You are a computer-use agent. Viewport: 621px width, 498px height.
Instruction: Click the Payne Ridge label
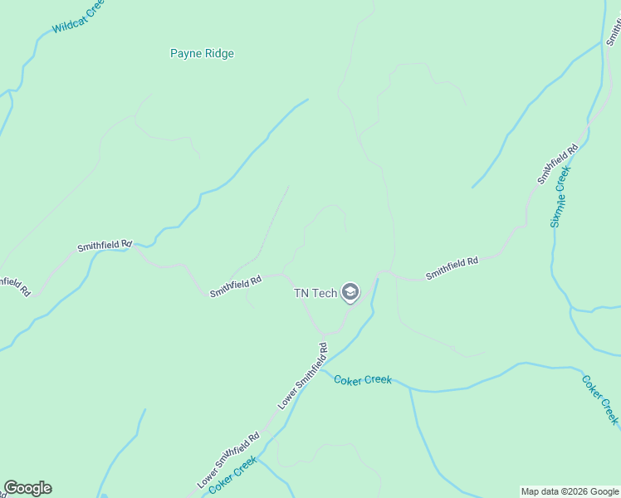coord(202,54)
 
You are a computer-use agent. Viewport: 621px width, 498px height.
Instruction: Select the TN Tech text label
coord(315,293)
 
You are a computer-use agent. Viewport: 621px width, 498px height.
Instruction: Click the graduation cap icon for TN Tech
coord(350,293)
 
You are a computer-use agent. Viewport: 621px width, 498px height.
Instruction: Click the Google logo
coord(27,488)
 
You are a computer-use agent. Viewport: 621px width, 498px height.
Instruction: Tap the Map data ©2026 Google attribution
coord(570,491)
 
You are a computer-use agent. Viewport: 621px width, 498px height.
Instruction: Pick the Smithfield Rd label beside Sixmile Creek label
coord(557,164)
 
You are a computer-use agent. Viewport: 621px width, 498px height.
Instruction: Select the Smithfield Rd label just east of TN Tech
coord(452,267)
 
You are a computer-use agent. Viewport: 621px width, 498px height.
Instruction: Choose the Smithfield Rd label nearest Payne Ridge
coord(105,247)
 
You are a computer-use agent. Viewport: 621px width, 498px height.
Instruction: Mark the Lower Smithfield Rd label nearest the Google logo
coord(228,459)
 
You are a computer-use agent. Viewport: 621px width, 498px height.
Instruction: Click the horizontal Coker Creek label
coord(363,380)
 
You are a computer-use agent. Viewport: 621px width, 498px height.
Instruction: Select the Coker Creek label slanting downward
coord(600,400)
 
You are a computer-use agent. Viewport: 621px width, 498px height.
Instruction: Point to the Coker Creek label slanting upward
coord(232,478)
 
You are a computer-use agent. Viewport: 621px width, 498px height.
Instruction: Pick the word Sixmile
coord(556,209)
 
